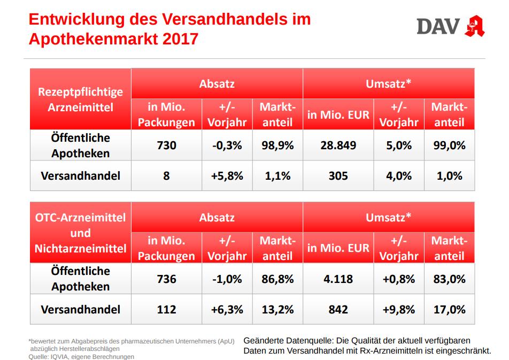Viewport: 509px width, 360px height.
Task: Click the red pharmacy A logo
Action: (474, 25)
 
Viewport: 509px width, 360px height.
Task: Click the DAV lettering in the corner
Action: (438, 26)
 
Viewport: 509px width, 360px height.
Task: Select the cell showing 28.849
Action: (338, 145)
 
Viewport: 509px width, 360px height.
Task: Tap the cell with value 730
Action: (166, 145)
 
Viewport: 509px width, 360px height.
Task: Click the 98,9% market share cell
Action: (277, 145)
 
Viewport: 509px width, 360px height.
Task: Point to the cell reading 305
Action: (338, 175)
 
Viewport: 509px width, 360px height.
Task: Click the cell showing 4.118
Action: (338, 279)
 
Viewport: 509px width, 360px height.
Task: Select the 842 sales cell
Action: (338, 309)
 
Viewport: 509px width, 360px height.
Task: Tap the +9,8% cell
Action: (398, 309)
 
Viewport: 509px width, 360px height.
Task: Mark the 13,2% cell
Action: (277, 309)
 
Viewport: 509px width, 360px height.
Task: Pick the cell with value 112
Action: (166, 309)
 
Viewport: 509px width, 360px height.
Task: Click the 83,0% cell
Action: (449, 279)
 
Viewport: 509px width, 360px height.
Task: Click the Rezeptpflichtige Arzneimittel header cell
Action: (80, 99)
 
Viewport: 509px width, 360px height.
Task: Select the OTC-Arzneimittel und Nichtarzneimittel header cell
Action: (80, 233)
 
